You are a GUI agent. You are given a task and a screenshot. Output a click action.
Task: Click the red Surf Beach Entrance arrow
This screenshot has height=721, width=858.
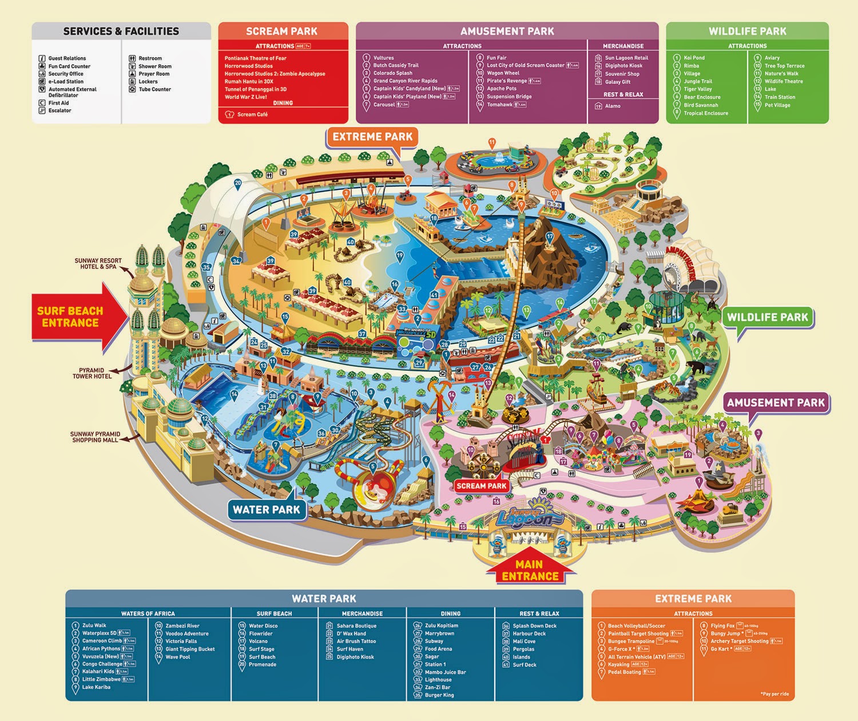[x=74, y=316]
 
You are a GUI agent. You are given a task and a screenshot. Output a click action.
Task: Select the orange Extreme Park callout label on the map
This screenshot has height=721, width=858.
[x=372, y=137]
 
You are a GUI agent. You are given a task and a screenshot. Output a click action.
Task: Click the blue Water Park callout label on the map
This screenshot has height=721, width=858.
[x=266, y=510]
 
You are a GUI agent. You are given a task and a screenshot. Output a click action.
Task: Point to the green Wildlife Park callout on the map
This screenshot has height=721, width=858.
[x=767, y=318]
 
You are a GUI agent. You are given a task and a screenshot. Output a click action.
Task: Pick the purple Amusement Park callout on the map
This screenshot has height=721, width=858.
[x=776, y=403]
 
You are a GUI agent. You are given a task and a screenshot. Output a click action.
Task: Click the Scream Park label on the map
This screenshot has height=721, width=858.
[x=481, y=486]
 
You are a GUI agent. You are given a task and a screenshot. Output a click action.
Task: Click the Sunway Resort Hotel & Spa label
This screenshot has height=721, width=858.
[x=98, y=264]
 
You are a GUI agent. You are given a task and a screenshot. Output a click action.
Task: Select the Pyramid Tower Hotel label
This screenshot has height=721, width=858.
[x=92, y=373]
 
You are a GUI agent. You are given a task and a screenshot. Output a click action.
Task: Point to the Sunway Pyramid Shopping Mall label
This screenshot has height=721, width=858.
[x=95, y=437]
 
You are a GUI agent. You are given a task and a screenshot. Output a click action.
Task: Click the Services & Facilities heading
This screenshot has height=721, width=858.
[x=121, y=31]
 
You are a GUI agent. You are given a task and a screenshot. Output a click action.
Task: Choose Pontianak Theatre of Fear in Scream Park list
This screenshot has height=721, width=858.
[x=255, y=58]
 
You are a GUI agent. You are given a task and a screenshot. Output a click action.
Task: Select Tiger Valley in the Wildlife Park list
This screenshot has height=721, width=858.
[x=697, y=89]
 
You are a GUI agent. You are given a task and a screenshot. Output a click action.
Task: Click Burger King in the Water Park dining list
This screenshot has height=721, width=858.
[x=439, y=695]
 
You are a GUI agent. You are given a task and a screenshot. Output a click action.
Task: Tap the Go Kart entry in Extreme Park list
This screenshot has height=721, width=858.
[x=720, y=649]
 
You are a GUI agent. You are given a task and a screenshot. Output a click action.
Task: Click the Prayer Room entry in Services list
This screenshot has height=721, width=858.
[x=153, y=74]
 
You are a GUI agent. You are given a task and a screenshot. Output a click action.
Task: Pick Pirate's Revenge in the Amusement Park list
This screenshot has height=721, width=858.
[x=506, y=81]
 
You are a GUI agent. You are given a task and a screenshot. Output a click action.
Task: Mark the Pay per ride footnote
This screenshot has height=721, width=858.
[x=775, y=694]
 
